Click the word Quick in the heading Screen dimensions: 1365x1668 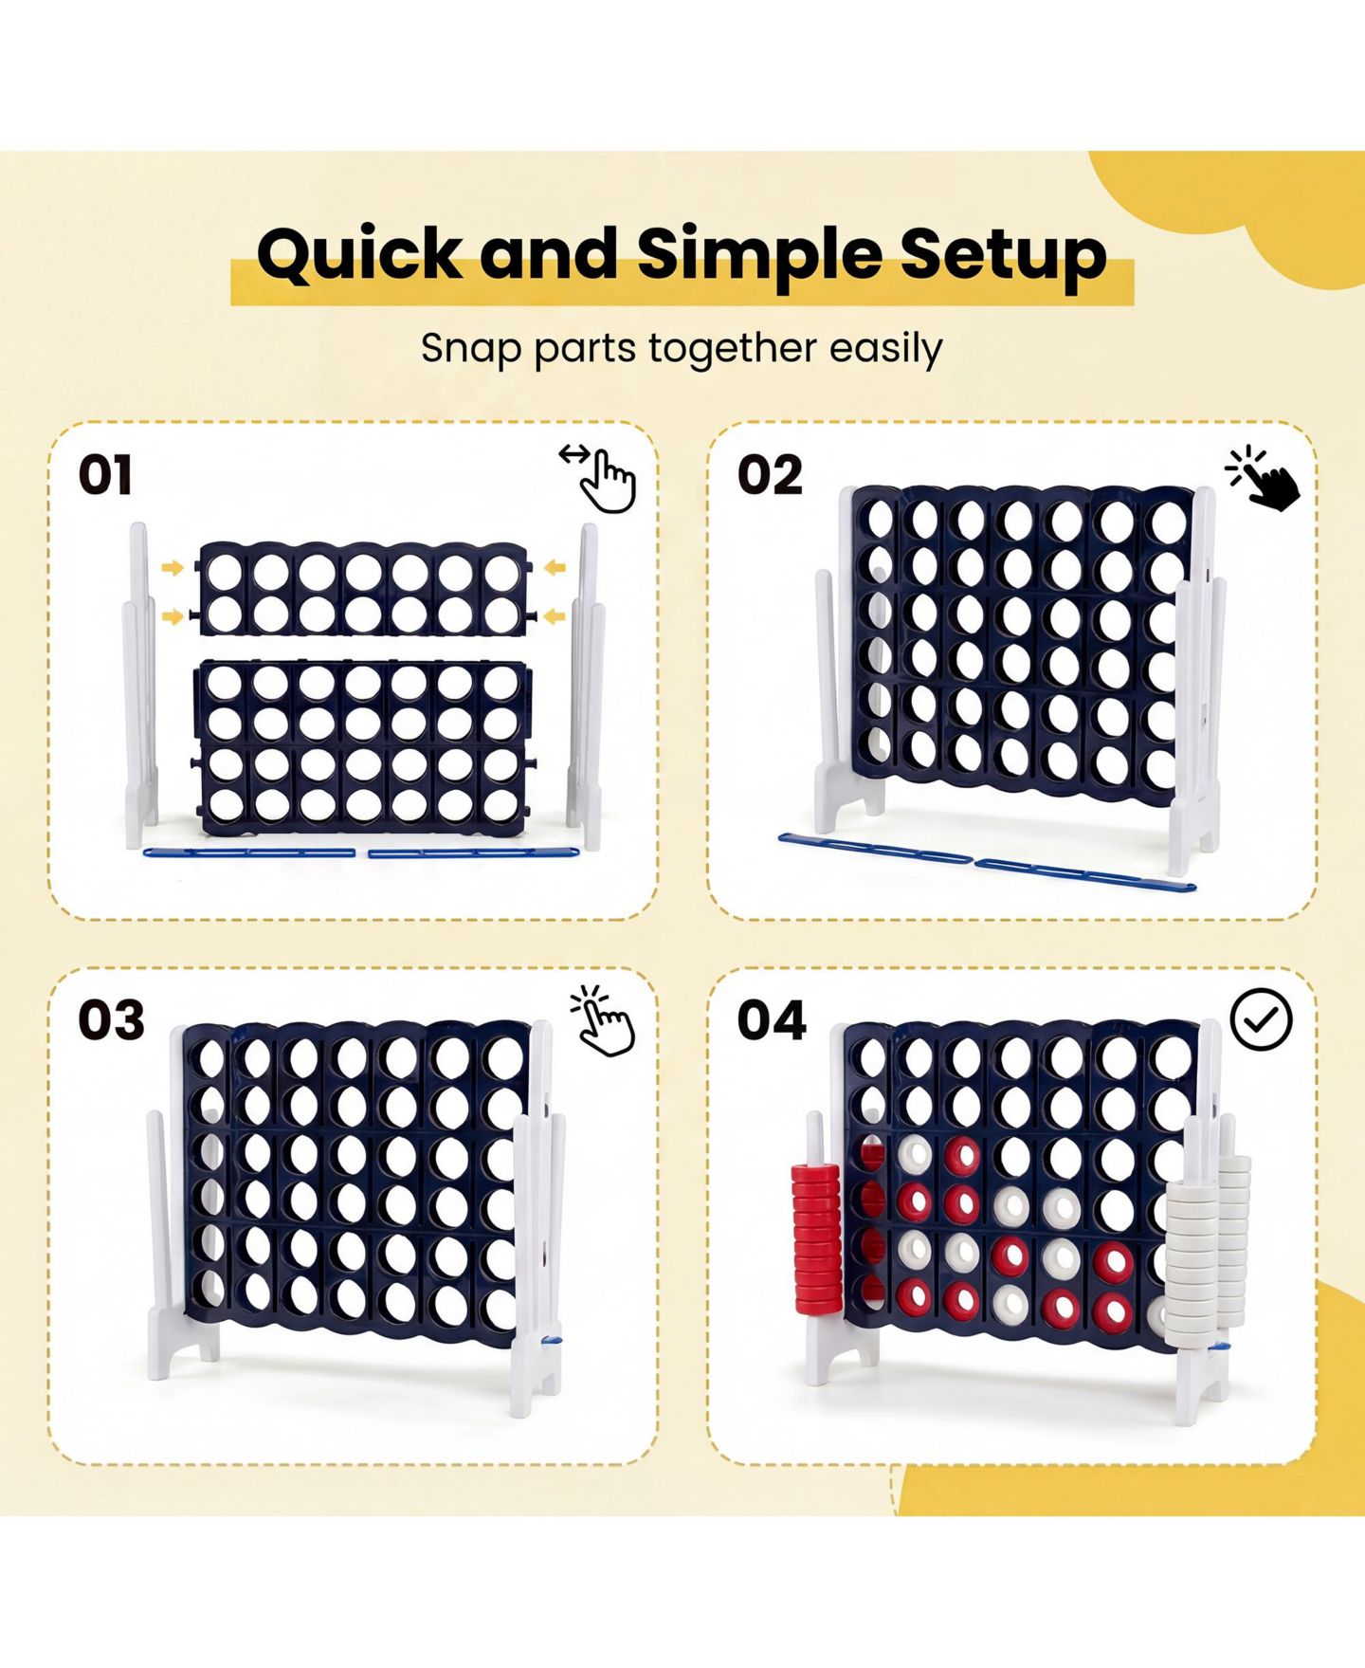[x=360, y=255]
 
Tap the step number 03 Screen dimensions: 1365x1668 [x=111, y=1020]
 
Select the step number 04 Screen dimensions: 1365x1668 [x=772, y=1020]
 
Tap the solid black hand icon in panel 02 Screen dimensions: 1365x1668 [x=1264, y=478]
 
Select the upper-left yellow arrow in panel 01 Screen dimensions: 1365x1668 [x=173, y=568]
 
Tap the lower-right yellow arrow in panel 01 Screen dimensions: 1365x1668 [x=555, y=617]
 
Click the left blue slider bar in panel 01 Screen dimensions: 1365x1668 [x=248, y=852]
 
